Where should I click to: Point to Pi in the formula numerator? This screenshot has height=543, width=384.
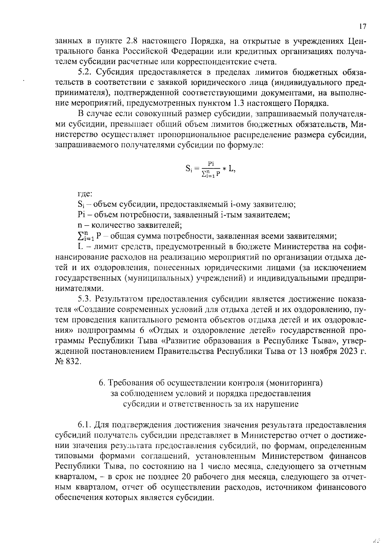click(211, 164)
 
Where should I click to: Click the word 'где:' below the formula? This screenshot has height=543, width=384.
click(85, 194)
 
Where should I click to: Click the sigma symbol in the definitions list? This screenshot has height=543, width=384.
click(81, 236)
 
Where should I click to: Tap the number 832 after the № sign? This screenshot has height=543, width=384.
click(74, 362)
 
